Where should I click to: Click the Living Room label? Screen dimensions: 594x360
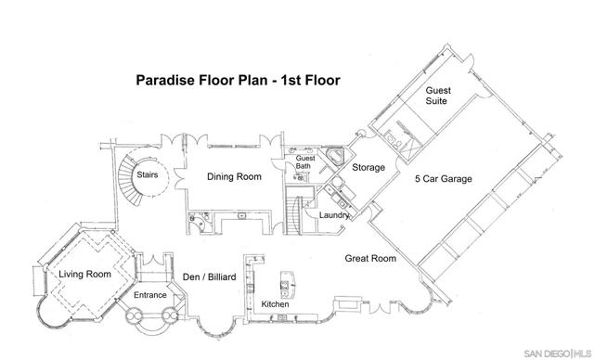[84, 274]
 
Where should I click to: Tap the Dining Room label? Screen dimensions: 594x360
[234, 177]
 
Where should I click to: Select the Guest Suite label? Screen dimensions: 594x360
[438, 96]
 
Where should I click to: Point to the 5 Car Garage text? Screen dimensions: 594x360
[444, 179]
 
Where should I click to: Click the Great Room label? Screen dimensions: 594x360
[370, 259]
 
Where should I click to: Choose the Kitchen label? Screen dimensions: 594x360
[275, 304]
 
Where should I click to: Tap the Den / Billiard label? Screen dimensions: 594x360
[209, 277]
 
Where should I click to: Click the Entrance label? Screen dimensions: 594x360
[150, 295]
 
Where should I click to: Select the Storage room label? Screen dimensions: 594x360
[368, 167]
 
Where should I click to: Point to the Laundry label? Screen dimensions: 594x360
[334, 215]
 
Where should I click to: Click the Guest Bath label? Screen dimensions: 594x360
[304, 162]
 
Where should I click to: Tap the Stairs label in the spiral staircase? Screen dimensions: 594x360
[147, 174]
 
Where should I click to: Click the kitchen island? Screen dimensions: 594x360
[288, 285]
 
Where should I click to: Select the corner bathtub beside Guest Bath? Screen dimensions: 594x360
[335, 156]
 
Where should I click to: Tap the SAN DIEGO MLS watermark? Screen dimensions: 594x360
[558, 354]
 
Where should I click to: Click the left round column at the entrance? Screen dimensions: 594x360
[134, 315]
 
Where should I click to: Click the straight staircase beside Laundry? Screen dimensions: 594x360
[293, 215]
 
